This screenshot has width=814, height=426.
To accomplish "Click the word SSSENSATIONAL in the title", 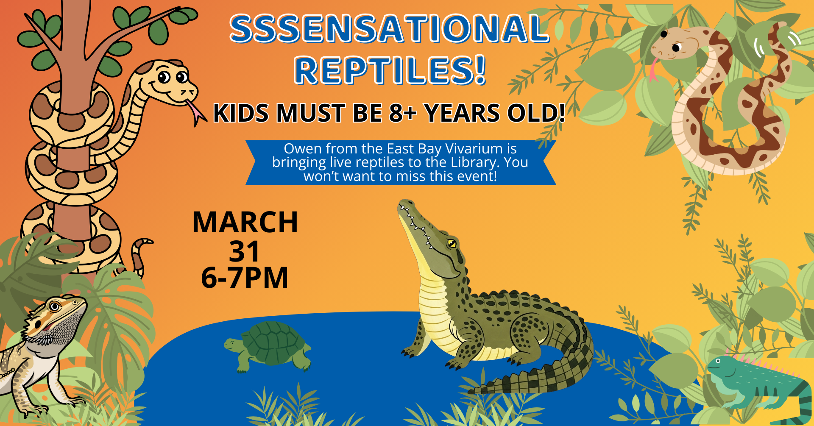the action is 389,29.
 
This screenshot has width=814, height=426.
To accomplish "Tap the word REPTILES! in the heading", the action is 390,70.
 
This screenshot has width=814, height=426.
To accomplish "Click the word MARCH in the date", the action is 245,222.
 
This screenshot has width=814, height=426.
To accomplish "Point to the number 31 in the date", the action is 244,251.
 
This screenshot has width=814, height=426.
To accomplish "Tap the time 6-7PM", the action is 245,278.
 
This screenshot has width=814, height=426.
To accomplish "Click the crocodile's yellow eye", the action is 452,243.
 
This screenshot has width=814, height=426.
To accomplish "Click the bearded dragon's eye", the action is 55,306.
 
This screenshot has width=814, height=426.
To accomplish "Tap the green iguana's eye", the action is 718,361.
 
